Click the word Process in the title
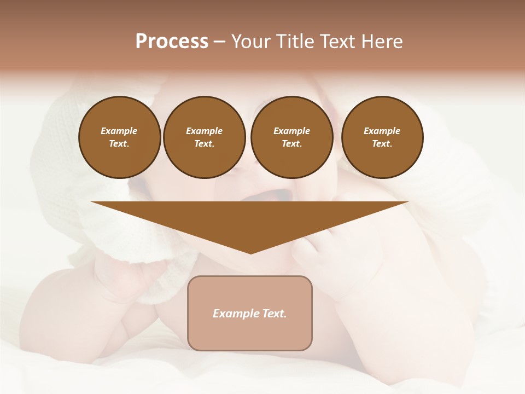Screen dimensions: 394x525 (172, 42)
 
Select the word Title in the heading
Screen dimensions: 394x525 (296, 42)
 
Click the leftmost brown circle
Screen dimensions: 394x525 (119, 137)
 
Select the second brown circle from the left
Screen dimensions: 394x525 (204, 137)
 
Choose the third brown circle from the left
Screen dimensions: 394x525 (291, 137)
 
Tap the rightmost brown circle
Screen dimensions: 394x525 (382, 137)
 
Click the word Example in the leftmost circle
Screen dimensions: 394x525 (119, 131)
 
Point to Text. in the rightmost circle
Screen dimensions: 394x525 (382, 144)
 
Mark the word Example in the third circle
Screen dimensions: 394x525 (291, 131)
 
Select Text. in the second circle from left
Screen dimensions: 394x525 (204, 144)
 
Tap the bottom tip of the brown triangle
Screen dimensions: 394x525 (250, 252)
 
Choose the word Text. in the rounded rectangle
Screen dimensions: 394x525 (275, 314)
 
